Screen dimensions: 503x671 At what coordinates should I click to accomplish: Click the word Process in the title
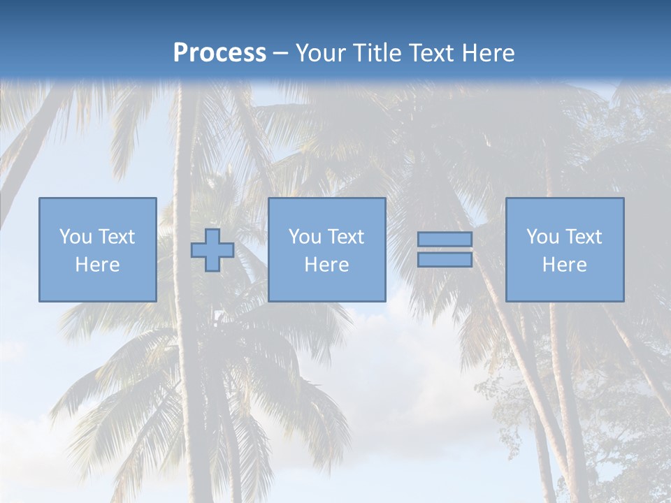(x=219, y=53)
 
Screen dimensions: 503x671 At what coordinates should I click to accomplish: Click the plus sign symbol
(x=212, y=250)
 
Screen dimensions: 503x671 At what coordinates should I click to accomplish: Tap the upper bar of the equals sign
(x=445, y=239)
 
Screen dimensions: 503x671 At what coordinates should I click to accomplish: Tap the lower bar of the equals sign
(x=445, y=259)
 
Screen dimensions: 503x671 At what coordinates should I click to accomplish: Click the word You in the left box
(x=75, y=237)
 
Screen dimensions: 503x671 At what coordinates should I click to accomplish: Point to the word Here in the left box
(x=97, y=265)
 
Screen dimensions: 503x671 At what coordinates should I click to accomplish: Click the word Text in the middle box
(x=345, y=237)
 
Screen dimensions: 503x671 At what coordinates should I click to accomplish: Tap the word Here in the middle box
(x=326, y=265)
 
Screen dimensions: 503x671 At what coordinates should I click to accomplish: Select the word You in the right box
(x=542, y=237)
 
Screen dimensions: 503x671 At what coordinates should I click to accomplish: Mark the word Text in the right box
(x=583, y=237)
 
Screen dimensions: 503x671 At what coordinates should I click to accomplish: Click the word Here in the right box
(x=564, y=265)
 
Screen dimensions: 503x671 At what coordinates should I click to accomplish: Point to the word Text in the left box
(x=116, y=237)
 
